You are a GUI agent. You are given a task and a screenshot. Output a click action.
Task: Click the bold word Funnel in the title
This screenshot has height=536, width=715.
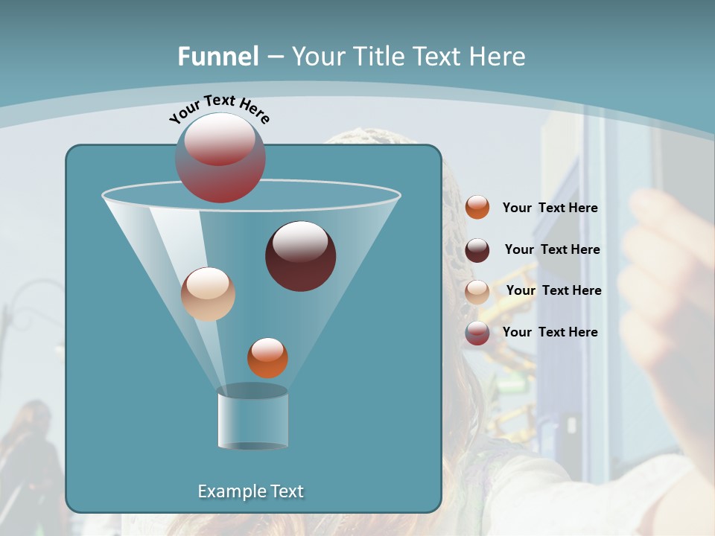coord(217,57)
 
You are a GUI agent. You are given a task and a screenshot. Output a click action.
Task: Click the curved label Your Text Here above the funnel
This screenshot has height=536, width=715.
coord(220,109)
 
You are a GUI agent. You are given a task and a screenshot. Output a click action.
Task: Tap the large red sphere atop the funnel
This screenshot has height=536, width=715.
coord(220,157)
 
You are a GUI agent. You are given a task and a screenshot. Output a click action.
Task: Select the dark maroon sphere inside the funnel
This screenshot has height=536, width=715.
coord(301,256)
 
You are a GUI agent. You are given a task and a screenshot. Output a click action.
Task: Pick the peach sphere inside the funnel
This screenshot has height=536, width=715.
coord(208,294)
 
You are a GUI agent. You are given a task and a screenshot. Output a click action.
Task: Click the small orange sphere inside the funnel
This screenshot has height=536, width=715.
coord(267,358)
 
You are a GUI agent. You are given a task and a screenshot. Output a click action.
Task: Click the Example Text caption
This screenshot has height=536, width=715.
coord(251,491)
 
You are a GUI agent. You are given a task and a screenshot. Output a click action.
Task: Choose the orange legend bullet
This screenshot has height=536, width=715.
coord(477,208)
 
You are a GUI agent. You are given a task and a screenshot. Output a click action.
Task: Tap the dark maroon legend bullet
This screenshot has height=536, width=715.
coord(477,250)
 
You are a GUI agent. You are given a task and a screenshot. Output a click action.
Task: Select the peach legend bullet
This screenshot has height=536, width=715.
coord(477,292)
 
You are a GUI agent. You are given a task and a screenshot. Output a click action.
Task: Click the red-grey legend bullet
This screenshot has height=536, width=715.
coord(477,333)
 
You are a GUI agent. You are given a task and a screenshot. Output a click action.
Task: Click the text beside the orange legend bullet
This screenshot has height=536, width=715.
coord(550,208)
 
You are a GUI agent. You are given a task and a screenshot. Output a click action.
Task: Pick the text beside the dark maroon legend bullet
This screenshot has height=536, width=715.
coord(552,249)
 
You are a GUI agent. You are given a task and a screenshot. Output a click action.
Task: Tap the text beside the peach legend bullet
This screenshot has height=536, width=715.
coord(553,290)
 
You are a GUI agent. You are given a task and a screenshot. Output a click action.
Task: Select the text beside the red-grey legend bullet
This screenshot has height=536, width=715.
coord(550,332)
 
